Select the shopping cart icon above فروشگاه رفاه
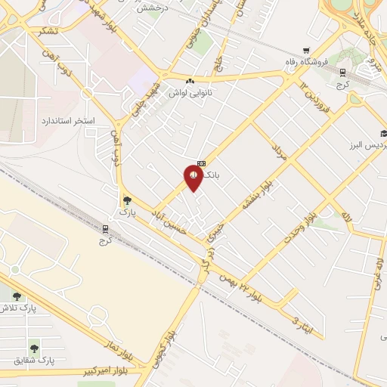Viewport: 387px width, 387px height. (x=305, y=50)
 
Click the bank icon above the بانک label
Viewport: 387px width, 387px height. (x=201, y=163)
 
